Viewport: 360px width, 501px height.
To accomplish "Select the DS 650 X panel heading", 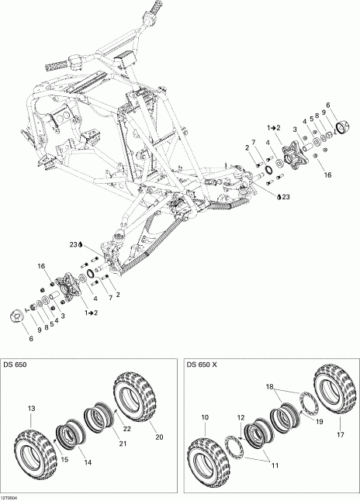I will [203, 365].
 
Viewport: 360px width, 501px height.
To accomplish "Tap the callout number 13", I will [32, 408].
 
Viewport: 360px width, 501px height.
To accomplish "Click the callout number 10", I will [205, 417].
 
